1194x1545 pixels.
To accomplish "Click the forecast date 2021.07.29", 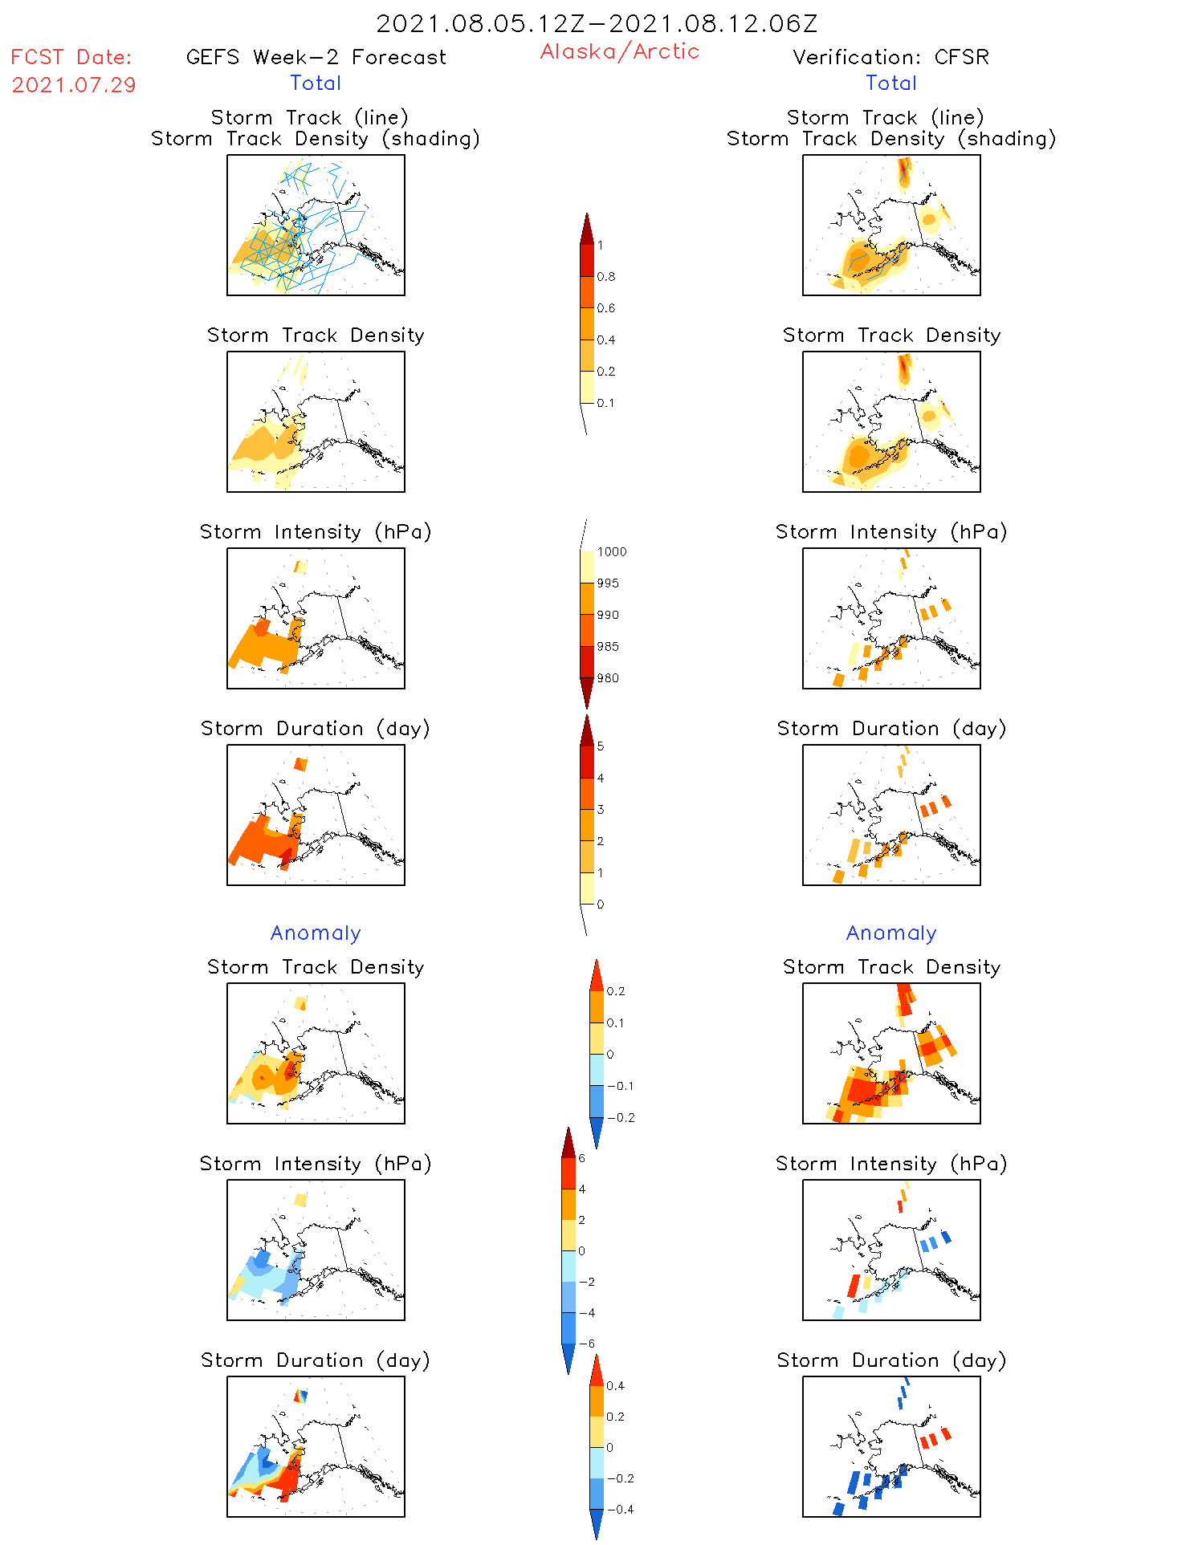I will tap(74, 85).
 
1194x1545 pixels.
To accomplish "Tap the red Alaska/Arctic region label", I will tap(619, 51).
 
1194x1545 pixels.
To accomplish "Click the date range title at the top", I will tap(597, 23).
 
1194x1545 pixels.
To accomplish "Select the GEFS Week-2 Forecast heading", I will tap(316, 57).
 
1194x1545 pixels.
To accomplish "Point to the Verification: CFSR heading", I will tap(890, 57).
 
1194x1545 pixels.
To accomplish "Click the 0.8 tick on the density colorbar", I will tap(606, 277).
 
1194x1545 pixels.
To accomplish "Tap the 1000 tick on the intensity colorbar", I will tap(611, 552).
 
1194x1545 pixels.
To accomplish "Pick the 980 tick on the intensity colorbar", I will tap(608, 678).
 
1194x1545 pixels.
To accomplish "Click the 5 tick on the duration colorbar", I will tap(601, 746).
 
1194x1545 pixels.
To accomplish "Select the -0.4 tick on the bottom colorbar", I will tap(619, 1510).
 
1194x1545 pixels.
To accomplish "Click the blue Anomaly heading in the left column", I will tap(316, 933).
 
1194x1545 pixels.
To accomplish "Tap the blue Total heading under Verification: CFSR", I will tap(890, 83).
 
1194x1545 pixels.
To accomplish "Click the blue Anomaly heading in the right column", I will tap(890, 933).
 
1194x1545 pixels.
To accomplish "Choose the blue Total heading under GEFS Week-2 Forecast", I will tap(316, 83).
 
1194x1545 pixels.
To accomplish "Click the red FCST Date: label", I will tap(71, 57).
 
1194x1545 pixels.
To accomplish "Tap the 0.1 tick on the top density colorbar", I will tap(605, 403).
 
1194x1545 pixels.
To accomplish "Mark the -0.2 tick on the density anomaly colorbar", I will tap(620, 1118).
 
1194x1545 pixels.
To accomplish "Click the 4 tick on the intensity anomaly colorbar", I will tap(582, 1189).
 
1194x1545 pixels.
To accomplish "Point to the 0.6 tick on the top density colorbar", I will tap(606, 308).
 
